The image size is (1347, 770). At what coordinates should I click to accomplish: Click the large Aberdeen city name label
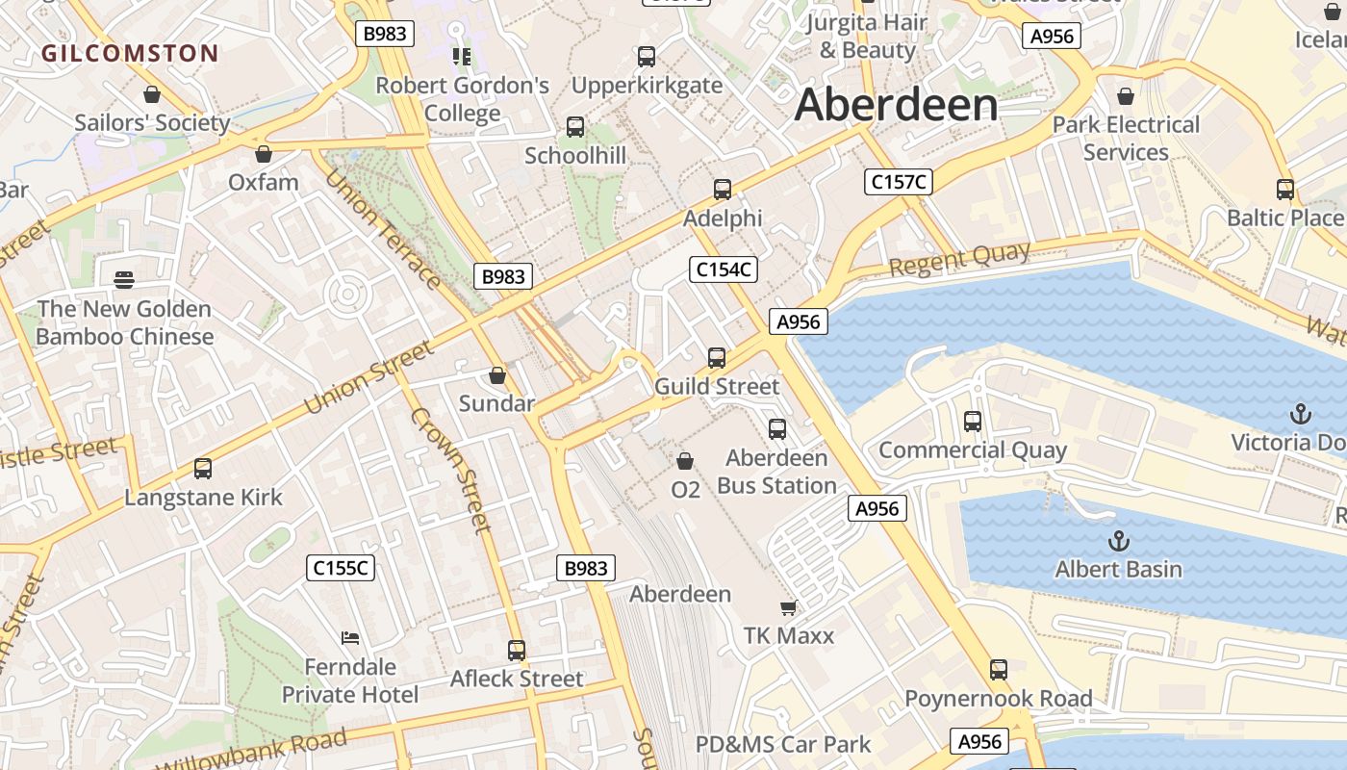pos(896,104)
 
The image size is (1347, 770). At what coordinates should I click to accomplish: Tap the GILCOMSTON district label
pos(130,53)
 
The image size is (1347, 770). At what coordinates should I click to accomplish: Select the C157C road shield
pos(899,181)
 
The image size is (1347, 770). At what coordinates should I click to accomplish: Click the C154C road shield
pos(724,269)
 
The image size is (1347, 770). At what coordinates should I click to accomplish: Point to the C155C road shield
pos(341,568)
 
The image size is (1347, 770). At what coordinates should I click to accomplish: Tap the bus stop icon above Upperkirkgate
pos(647,57)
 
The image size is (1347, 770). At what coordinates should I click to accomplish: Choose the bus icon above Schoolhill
pos(575,127)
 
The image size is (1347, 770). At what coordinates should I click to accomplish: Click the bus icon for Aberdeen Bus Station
pos(777,429)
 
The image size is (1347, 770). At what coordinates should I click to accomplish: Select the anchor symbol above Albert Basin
pos(1118,540)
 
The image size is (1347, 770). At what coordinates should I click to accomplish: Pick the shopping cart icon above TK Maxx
pos(788,607)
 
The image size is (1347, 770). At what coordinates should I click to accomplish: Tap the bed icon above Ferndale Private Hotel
pos(350,637)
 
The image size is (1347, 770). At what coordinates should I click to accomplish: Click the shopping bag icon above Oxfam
pos(264,154)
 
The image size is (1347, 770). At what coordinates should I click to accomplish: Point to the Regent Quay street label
pos(959,259)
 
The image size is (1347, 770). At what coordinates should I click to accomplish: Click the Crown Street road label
pos(450,470)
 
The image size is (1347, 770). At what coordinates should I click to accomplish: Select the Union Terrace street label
pos(382,229)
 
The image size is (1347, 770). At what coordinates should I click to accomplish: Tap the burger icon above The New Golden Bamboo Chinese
pos(124,280)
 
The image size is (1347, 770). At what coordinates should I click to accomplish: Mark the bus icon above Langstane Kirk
pos(203,469)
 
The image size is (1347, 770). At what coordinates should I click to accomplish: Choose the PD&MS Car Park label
pos(783,744)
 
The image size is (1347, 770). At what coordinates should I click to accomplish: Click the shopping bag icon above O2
pos(685,462)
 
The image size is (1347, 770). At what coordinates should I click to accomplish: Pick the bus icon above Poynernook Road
pos(999,670)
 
